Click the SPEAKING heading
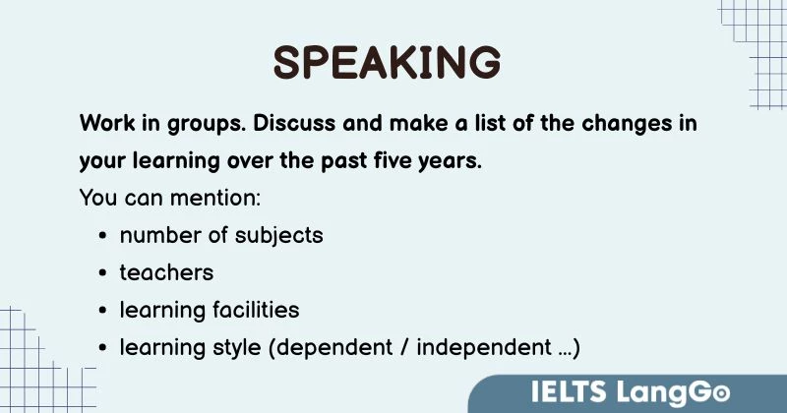point(387,62)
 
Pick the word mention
point(212,198)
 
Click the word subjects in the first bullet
point(282,236)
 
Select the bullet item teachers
point(166,272)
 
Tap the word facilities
point(255,310)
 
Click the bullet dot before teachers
point(103,273)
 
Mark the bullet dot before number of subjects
point(103,237)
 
